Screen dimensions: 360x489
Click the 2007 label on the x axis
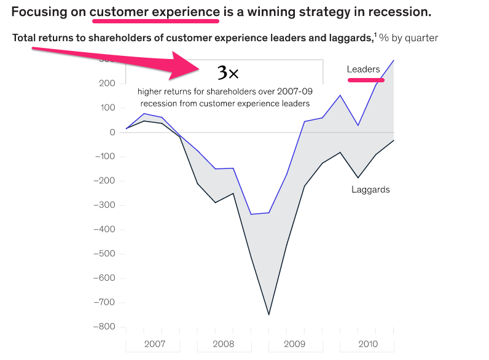[x=154, y=344]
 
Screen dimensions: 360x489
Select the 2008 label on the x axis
[x=223, y=344]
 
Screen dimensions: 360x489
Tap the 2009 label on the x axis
[x=295, y=344]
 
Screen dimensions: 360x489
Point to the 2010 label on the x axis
[x=367, y=344]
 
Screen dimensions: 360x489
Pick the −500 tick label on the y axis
[x=103, y=254]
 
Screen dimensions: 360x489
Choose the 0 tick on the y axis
[x=112, y=132]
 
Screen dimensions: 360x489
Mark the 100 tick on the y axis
[x=107, y=108]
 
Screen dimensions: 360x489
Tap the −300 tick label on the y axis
[x=103, y=205]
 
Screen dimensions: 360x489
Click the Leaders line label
[x=363, y=69]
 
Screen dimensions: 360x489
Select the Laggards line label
[x=370, y=190]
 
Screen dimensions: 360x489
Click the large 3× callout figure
[x=228, y=74]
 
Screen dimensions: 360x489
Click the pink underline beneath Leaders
[x=366, y=80]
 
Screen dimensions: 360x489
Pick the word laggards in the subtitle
[x=348, y=38]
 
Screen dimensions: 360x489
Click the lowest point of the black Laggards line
[x=268, y=315]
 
